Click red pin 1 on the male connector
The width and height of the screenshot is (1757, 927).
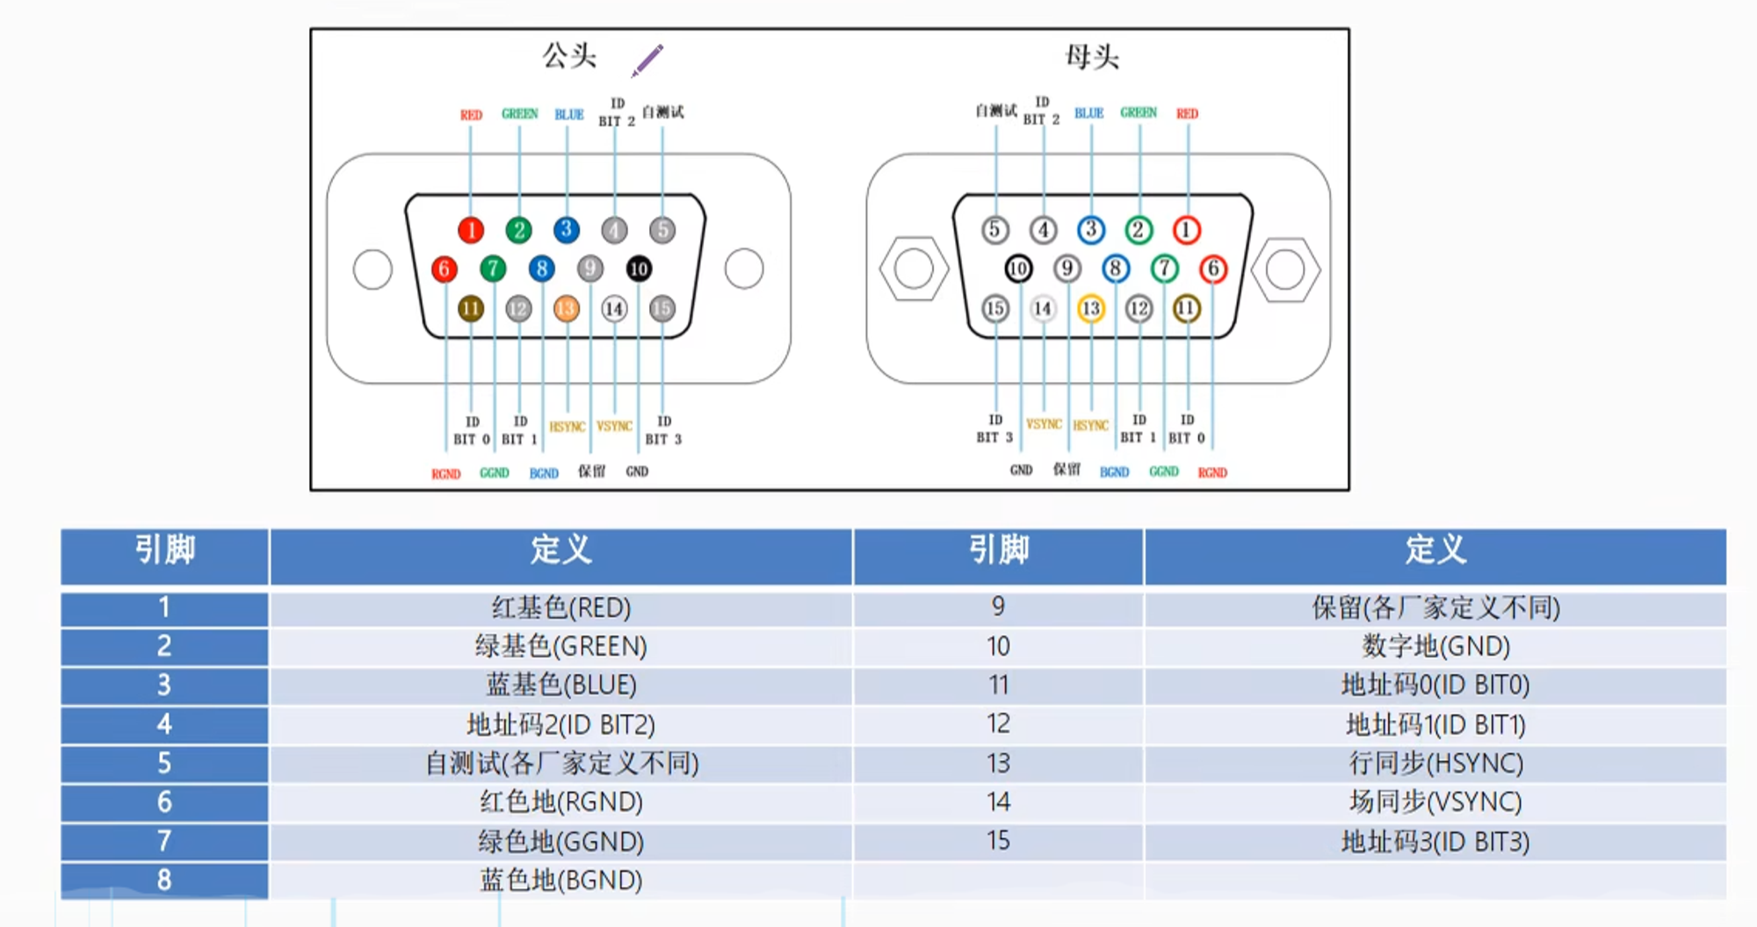coord(471,230)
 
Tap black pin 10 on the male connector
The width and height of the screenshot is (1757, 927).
coord(639,269)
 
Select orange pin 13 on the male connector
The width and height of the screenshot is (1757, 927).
coord(567,308)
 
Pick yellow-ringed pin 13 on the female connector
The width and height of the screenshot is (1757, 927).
coord(1090,308)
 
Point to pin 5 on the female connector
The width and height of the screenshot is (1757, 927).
coord(994,230)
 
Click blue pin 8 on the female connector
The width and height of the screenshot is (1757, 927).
coord(1115,269)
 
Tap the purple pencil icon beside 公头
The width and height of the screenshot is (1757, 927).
coord(647,61)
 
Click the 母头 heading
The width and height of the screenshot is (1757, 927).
coord(1092,57)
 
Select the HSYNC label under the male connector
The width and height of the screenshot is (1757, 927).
coord(567,427)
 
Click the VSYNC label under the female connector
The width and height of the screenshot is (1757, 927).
coord(1044,425)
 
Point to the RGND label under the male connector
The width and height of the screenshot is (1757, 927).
coord(446,474)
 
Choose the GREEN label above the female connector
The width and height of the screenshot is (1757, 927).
coord(1139,112)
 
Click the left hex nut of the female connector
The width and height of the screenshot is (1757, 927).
coord(914,269)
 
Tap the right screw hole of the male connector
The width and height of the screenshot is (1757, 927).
coord(744,269)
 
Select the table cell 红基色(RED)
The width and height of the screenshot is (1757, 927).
coord(560,607)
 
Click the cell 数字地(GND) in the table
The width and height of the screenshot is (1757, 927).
coord(1435,647)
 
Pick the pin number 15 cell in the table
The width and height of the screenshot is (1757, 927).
coord(998,841)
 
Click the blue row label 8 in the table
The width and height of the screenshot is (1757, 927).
coord(164,880)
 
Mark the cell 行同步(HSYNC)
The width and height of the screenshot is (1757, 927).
coord(1435,763)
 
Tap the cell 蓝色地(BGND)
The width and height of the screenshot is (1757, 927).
coord(560,880)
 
